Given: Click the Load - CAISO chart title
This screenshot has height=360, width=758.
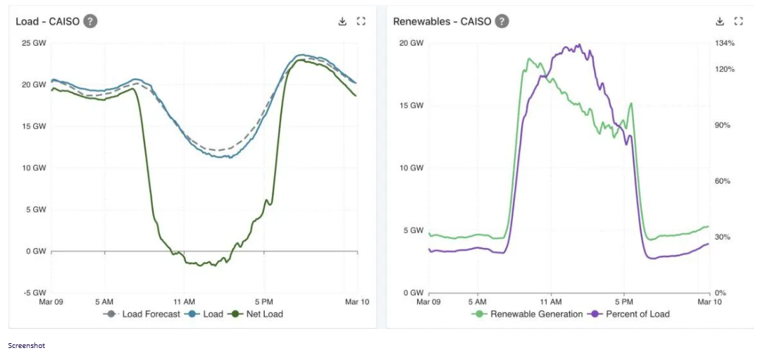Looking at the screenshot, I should tap(47, 21).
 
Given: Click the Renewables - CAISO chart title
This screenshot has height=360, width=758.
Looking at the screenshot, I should tap(440, 21).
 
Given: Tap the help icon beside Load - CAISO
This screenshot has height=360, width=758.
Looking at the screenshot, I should tap(90, 21).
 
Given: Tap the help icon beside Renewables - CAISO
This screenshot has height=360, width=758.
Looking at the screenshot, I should tap(501, 21).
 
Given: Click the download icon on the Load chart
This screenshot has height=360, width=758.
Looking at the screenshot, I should tap(342, 21).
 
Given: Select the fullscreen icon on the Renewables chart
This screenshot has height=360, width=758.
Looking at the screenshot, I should tap(738, 21).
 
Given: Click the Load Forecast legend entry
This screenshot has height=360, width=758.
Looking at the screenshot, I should tap(150, 314).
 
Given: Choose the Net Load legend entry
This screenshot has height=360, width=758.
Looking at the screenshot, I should tap(264, 314).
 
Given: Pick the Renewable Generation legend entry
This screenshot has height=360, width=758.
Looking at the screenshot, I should tap(536, 314).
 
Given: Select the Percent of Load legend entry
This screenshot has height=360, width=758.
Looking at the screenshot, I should tap(638, 314).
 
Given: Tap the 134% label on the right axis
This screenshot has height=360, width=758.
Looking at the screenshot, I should tap(725, 43).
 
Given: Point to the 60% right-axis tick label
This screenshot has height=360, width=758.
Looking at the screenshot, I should tap(723, 181).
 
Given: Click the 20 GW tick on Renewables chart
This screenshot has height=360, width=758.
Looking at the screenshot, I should tap(411, 43).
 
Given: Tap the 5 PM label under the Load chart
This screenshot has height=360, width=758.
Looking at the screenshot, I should tap(264, 302).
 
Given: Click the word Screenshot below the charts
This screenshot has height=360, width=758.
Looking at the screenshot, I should tap(26, 346).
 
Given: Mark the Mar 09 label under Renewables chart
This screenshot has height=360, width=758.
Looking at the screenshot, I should tap(428, 302).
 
